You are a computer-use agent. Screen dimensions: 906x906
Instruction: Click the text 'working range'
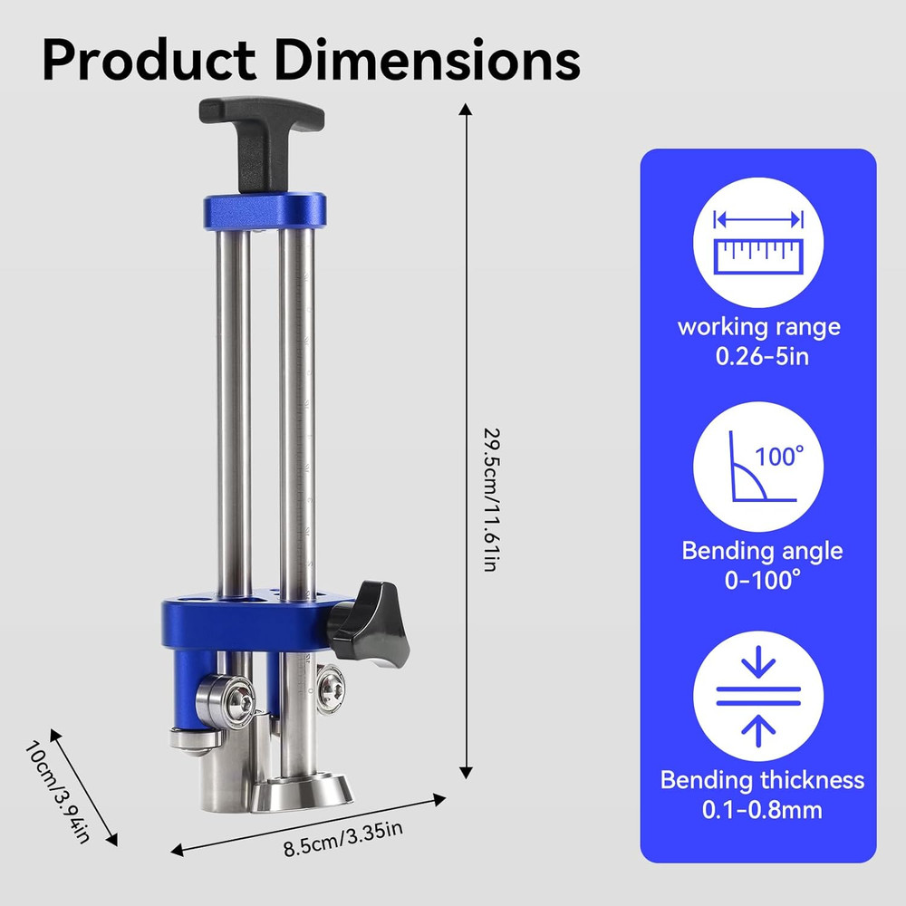tap(759, 326)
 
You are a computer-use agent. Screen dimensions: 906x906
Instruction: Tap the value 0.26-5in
tap(759, 356)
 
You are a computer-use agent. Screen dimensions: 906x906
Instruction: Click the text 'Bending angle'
tap(762, 551)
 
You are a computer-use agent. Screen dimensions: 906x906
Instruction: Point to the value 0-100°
tap(762, 581)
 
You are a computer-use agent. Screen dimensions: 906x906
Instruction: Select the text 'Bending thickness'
tap(762, 779)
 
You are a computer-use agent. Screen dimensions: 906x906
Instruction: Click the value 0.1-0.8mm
tap(762, 809)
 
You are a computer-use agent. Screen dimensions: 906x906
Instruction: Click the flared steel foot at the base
tap(301, 795)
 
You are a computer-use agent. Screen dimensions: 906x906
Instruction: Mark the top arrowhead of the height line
tap(466, 111)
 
